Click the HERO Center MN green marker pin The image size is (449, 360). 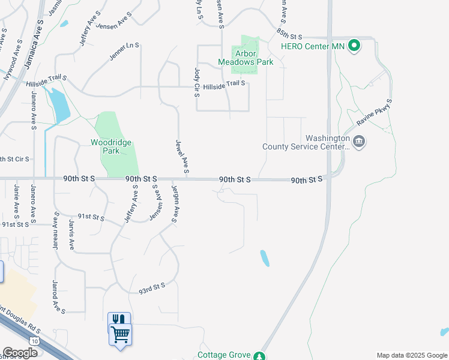354,46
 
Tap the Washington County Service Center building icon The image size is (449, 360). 359,142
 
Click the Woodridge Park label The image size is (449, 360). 110,146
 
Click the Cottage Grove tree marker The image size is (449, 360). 259,356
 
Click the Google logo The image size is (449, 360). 20,353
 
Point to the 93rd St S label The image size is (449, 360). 151,287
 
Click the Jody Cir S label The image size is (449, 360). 196,82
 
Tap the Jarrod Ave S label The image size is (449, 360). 58,296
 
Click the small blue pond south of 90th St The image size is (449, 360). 264,258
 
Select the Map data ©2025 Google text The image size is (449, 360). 412,355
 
